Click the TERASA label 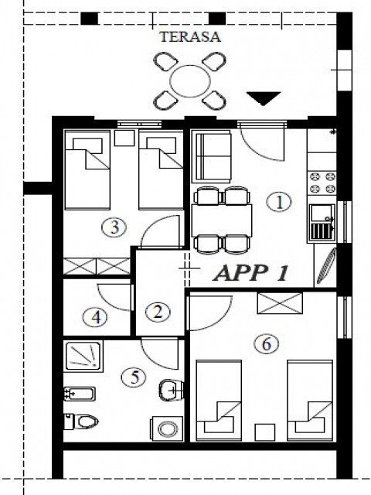(190, 36)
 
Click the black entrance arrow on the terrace (264, 98)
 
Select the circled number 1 (279, 202)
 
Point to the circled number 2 (158, 312)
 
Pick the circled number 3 (114, 227)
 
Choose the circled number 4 (96, 316)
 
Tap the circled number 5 (134, 377)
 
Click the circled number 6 (267, 343)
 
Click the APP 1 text (251, 273)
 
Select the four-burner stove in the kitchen (322, 183)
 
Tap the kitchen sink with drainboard (322, 223)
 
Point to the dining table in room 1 (222, 220)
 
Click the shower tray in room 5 (83, 356)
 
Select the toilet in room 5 (81, 421)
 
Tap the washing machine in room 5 (168, 429)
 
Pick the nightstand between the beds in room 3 (124, 138)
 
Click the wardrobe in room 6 (280, 303)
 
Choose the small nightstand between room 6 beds (265, 432)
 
